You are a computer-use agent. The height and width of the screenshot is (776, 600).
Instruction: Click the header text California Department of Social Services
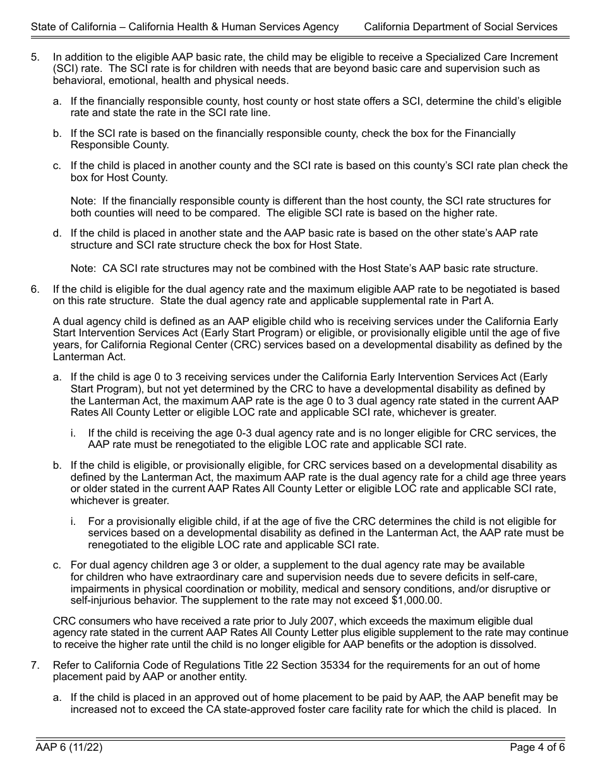[x=460, y=26]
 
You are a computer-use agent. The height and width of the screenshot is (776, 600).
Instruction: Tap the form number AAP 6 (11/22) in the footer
[x=69, y=748]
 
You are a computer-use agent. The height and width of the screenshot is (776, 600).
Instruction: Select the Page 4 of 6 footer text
[x=537, y=748]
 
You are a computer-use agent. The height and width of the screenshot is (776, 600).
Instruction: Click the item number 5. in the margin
[x=35, y=57]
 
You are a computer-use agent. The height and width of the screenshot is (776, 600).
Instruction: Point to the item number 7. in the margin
[x=35, y=665]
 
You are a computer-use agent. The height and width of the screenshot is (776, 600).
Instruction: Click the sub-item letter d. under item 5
[x=57, y=233]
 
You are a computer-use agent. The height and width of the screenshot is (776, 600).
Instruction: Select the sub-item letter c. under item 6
[x=57, y=565]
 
